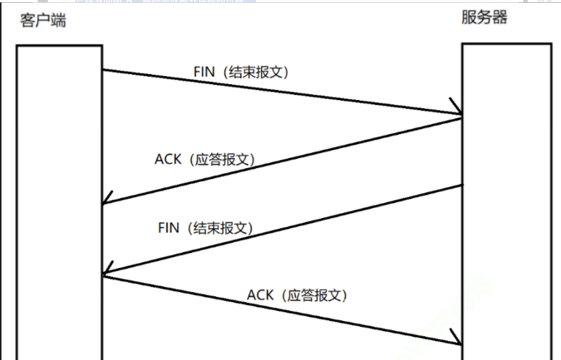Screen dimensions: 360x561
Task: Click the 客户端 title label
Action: tap(43, 20)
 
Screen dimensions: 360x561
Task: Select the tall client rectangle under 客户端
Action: tap(59, 203)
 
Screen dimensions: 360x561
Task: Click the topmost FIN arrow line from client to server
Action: tap(282, 92)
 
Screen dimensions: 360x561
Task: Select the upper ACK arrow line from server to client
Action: tap(283, 160)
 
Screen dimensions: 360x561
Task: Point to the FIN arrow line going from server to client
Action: tap(283, 230)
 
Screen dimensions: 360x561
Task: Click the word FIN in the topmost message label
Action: tap(205, 72)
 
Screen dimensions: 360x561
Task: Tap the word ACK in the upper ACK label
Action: tap(167, 159)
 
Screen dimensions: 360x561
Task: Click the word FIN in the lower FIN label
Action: tap(169, 227)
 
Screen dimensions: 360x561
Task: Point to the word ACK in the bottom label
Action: tap(260, 295)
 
